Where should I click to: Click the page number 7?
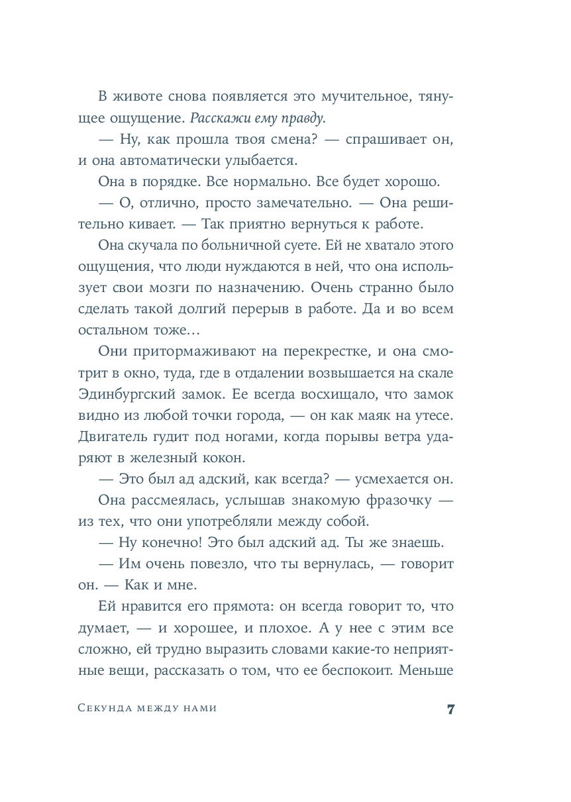click(x=450, y=709)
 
